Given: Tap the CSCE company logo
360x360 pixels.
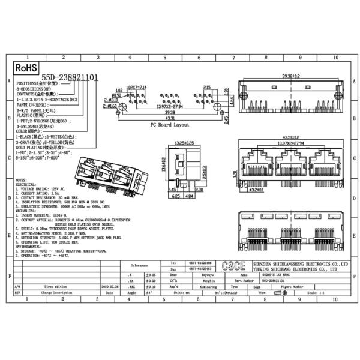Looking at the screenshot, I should [231, 266].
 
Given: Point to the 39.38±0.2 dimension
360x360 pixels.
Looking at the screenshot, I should [291, 77].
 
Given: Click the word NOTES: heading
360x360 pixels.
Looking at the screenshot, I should [20, 179].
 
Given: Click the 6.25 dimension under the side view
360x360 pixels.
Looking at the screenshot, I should [177, 196].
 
